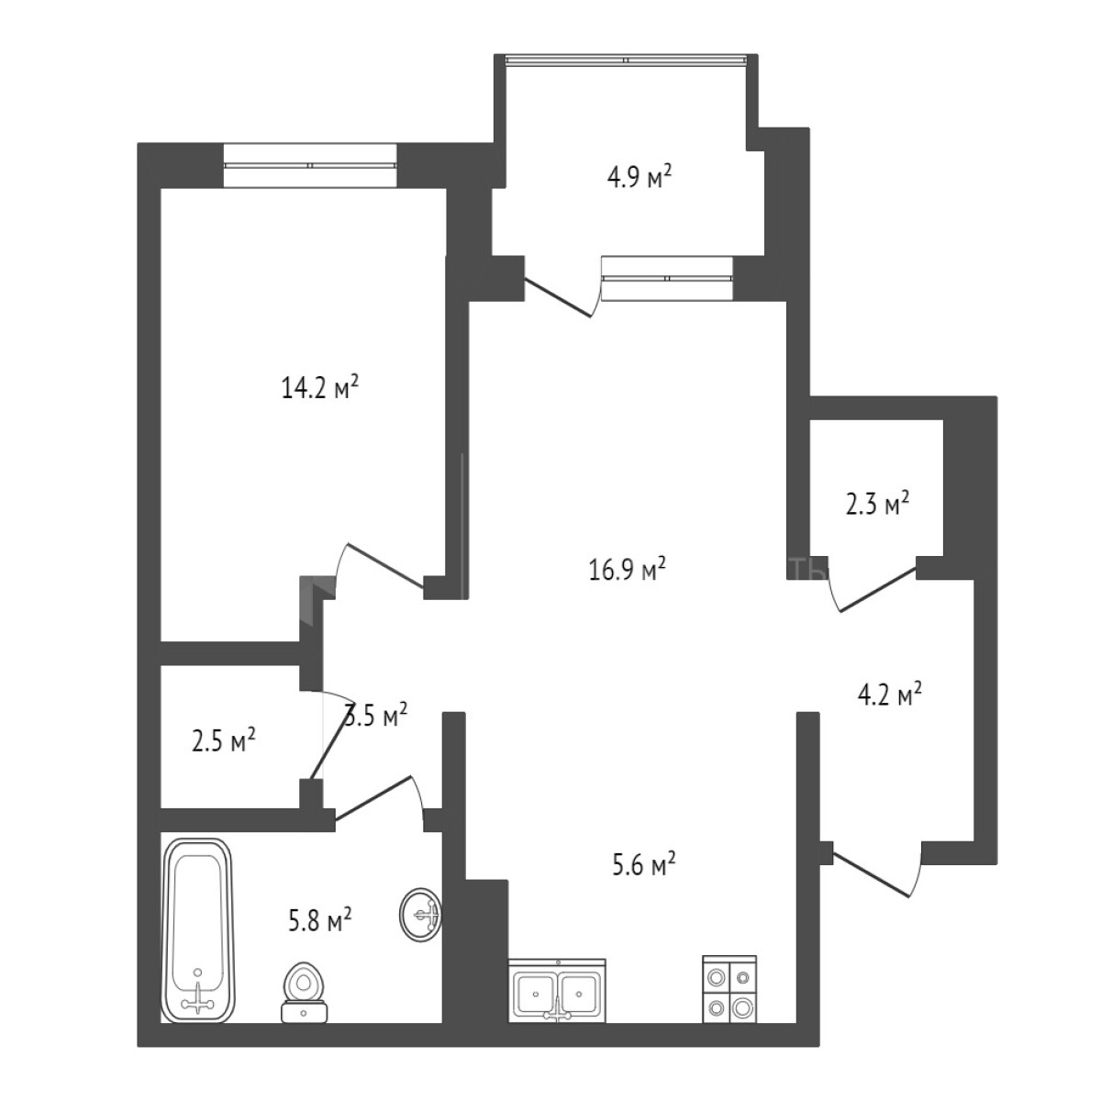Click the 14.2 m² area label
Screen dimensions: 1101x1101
coord(318,388)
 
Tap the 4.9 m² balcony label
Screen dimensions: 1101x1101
coord(640,176)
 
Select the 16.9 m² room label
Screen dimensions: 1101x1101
coord(627,571)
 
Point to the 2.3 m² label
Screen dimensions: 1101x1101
coord(876,503)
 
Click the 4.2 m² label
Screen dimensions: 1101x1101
coord(888,695)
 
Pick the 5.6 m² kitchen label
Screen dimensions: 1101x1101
coord(643,863)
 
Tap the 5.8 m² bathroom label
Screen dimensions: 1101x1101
coord(319,919)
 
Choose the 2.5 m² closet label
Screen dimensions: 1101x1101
coord(223,740)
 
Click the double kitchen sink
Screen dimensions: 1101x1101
coord(558,992)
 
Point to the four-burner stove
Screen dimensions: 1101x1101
coord(729,992)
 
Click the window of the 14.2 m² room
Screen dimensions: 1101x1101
coord(310,165)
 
